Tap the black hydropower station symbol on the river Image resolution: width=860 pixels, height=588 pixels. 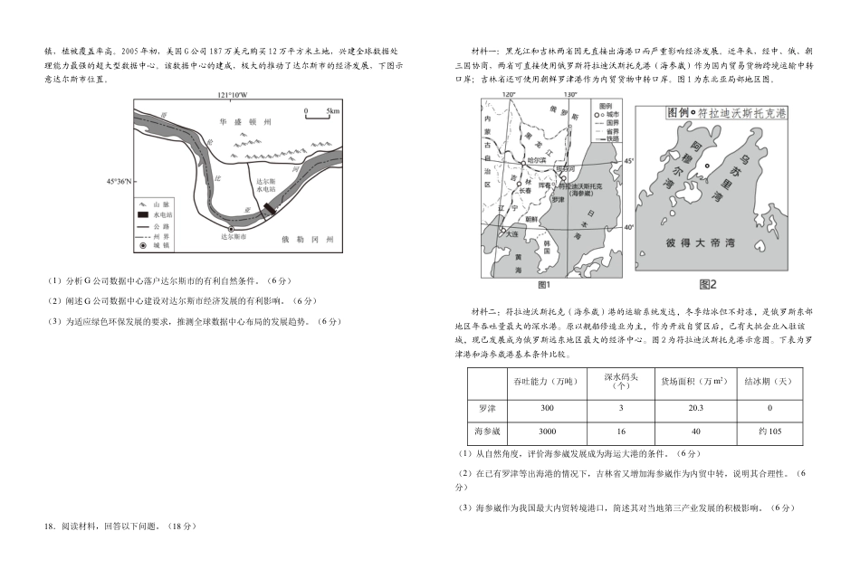[268, 211]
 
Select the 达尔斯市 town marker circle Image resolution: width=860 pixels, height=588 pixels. [233, 230]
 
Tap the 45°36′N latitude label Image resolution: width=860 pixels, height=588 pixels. [119, 181]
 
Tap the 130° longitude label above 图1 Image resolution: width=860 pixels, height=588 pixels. [569, 95]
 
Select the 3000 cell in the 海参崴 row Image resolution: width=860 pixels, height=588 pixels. [547, 432]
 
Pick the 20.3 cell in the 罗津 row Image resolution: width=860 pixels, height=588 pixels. [695, 408]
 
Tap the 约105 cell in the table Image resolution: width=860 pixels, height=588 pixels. [769, 432]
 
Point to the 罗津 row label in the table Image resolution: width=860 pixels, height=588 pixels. [487, 408]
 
